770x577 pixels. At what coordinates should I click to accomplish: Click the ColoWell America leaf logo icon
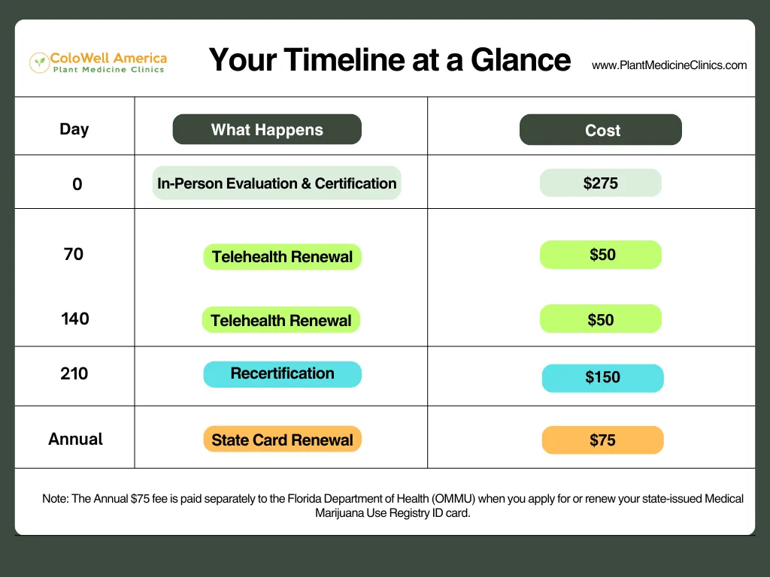coord(39,63)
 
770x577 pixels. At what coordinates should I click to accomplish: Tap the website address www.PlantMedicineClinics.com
coord(669,65)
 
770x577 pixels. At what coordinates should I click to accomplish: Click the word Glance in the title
coord(520,60)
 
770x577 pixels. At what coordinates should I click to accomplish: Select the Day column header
coord(74,129)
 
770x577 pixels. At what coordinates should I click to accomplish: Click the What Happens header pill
coord(267,129)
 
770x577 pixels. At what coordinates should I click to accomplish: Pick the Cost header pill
coord(601,129)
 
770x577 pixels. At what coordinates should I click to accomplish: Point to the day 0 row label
coord(77,184)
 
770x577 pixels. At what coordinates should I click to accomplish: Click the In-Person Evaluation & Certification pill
coord(277,183)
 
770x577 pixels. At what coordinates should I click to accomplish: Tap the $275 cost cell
coord(601,183)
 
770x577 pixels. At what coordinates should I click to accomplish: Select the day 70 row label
coord(74,254)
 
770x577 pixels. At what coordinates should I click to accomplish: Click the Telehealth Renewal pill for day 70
coord(283,257)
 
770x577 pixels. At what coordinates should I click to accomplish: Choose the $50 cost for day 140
coord(601,319)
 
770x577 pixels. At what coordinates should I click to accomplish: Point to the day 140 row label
coord(75,319)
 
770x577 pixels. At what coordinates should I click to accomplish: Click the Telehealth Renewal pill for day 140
coord(281,320)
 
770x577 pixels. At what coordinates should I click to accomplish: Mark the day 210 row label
coord(74,374)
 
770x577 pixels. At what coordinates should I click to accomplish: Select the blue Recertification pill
coord(283,374)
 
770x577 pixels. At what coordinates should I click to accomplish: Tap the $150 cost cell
coord(602,378)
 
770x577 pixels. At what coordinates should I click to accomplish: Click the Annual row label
coord(76,439)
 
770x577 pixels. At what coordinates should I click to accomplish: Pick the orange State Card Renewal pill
coord(283,439)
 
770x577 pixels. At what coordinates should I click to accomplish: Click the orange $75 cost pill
coord(602,440)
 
